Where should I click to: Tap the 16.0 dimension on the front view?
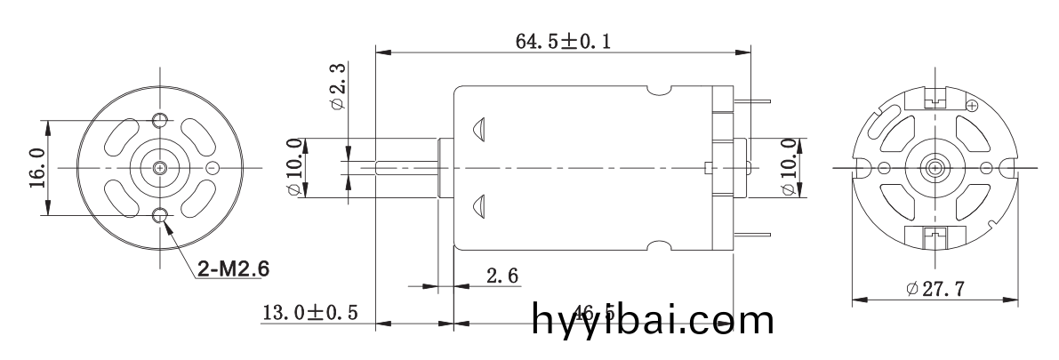[x=36, y=168]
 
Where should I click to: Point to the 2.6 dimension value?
[x=503, y=276]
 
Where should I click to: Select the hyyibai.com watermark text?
[x=654, y=320]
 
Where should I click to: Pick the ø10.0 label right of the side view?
[x=787, y=168]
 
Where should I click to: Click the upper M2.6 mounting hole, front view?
[x=160, y=120]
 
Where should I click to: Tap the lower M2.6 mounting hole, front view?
[x=160, y=216]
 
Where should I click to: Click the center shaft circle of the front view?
[x=160, y=168]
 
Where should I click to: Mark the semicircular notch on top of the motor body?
[x=659, y=89]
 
